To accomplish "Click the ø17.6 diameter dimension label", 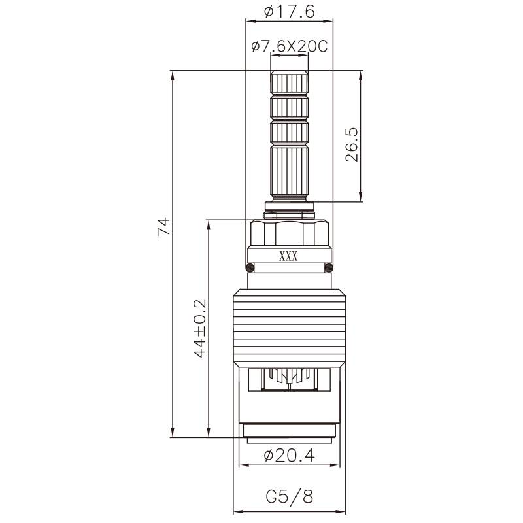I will coord(288,11).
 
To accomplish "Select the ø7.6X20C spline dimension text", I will coord(288,46).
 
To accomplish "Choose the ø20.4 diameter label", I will coord(288,456).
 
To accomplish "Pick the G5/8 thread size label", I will coord(289,496).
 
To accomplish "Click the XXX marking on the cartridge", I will coord(288,256).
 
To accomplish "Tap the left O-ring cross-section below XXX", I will coord(249,267).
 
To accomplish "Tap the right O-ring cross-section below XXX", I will coord(328,267).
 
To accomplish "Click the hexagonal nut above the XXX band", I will coord(288,233).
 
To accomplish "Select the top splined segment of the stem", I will coord(288,83).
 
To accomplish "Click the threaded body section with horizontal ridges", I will coord(288,327).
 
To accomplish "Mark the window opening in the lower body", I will coord(288,379).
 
